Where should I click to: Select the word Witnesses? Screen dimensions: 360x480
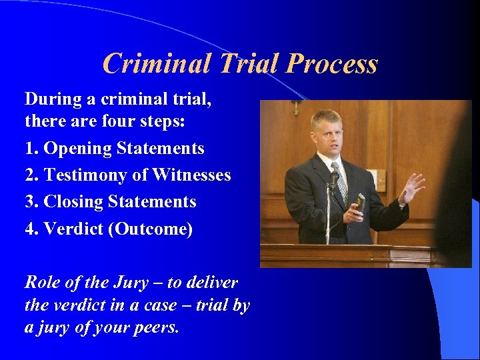click(191, 175)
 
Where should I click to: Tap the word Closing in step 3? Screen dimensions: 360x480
click(76, 201)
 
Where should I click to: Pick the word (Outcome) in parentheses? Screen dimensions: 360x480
click(152, 229)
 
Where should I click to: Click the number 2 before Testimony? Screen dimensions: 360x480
click(29, 175)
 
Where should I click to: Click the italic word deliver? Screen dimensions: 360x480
click(211, 282)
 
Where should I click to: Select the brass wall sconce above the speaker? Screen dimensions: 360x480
click(295, 107)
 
